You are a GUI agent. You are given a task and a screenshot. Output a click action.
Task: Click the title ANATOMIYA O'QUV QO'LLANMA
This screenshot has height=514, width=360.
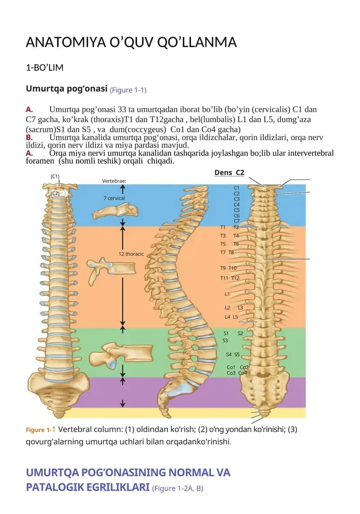(131, 42)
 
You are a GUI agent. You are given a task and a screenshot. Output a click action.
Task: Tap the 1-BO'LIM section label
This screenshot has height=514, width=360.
(45, 68)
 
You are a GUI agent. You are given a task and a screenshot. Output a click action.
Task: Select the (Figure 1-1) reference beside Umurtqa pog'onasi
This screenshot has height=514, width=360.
(128, 90)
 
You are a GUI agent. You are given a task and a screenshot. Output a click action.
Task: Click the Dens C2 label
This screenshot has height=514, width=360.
(229, 172)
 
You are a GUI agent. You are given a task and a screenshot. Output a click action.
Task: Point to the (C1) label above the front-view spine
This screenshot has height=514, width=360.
(55, 176)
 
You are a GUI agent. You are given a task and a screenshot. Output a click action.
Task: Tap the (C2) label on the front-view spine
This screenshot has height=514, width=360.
(55, 193)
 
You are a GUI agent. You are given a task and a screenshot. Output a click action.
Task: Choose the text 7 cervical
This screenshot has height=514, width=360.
(114, 198)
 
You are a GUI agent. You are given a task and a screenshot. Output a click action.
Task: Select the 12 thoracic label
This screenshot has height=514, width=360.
(131, 254)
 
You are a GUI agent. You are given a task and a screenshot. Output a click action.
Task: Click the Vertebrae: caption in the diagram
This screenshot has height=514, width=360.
(114, 180)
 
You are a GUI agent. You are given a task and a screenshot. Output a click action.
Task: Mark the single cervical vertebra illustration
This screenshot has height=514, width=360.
(115, 211)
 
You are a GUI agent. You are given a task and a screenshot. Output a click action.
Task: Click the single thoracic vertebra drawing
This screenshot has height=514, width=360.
(110, 269)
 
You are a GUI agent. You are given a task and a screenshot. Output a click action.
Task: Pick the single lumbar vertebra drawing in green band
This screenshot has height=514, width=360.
(121, 356)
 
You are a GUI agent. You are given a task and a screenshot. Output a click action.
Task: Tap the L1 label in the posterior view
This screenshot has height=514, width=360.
(227, 294)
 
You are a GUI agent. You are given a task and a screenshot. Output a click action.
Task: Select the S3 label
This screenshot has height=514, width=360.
(225, 341)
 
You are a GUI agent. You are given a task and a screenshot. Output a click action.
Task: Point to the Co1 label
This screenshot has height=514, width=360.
(231, 367)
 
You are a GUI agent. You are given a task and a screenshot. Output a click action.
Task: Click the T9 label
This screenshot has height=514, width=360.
(223, 268)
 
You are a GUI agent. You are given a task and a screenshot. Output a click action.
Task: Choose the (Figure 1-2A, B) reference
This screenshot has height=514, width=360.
(177, 488)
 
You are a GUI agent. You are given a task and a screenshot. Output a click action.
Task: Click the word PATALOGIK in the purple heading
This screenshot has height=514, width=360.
(88, 487)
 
